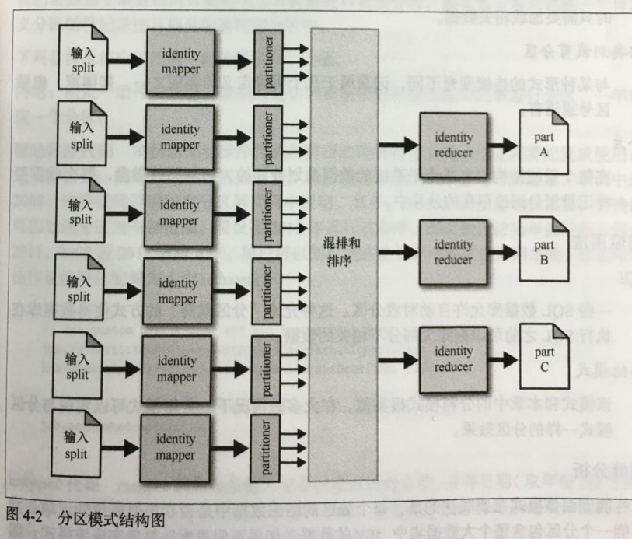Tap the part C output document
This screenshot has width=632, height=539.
tap(543, 361)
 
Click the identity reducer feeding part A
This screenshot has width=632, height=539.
tap(453, 145)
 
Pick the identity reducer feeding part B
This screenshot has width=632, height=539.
tap(453, 251)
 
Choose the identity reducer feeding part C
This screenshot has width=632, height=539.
tap(453, 359)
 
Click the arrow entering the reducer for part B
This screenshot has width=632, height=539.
tap(400, 251)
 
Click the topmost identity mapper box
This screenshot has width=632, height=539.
tap(180, 61)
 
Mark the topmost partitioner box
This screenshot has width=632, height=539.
tap(268, 61)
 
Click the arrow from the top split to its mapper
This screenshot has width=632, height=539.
tap(123, 61)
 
